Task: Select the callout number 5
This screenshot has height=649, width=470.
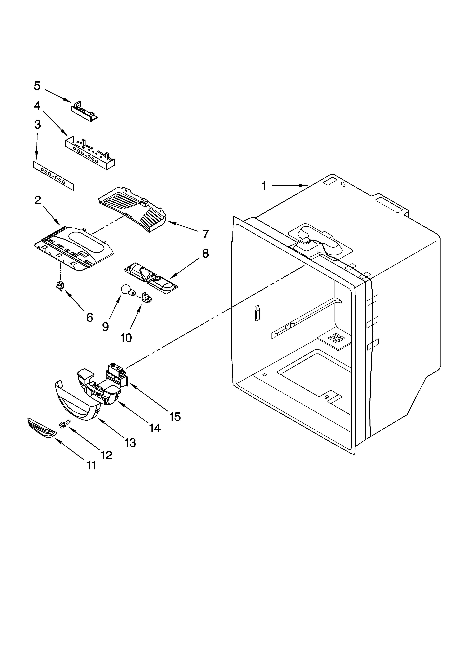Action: [x=37, y=86]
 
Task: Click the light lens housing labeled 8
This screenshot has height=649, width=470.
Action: [x=150, y=278]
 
